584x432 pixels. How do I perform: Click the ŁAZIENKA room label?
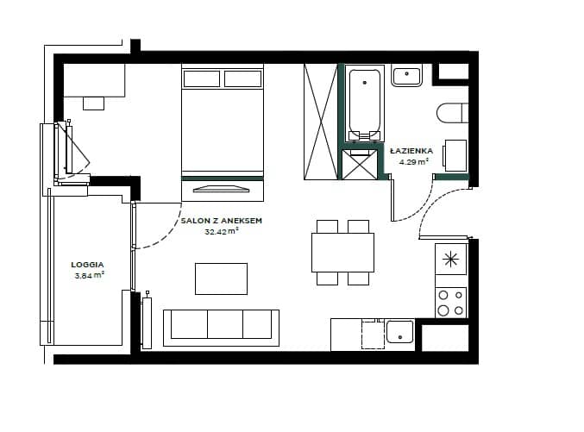click(411, 150)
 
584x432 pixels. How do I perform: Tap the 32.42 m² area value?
click(222, 231)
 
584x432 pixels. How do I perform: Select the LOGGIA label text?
click(87, 265)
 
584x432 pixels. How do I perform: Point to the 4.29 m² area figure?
click(413, 161)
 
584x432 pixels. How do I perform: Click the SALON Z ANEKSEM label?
click(221, 221)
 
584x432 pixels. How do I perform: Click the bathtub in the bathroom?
click(365, 103)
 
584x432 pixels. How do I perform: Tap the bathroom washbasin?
click(406, 75)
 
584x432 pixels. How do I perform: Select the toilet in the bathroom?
click(452, 112)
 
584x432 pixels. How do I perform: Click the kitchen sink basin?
click(400, 332)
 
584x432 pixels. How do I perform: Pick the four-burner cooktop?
click(451, 303)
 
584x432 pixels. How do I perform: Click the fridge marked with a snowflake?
click(451, 260)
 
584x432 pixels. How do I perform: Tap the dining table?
click(342, 253)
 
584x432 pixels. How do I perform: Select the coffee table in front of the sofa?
click(221, 279)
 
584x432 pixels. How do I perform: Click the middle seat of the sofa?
click(225, 324)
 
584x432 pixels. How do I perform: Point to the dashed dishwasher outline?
click(373, 334)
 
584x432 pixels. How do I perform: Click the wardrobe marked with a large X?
click(321, 122)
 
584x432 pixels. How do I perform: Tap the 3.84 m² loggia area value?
click(89, 276)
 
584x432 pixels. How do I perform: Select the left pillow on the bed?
click(202, 79)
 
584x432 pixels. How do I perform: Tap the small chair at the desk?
click(93, 103)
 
